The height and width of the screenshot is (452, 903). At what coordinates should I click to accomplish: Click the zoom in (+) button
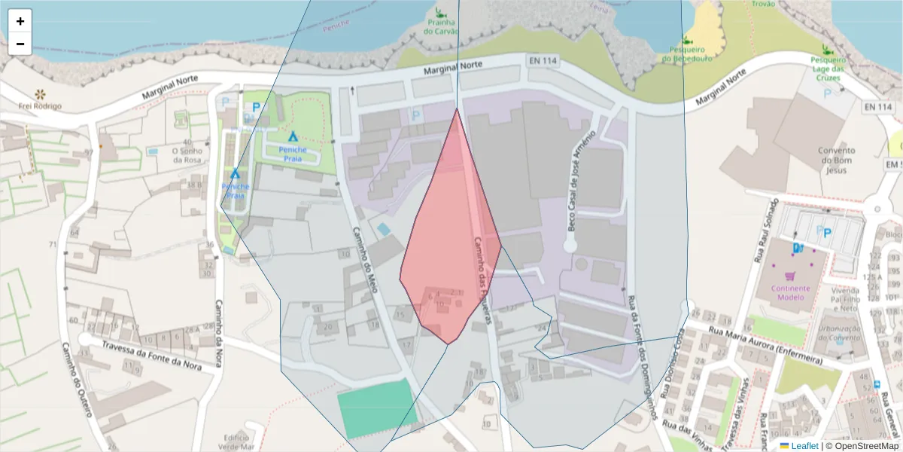tap(20, 21)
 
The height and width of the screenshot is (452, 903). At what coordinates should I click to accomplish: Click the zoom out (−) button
tap(20, 44)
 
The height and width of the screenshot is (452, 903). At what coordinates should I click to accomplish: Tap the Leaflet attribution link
tap(804, 446)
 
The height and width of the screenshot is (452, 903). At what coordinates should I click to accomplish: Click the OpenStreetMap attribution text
tap(862, 446)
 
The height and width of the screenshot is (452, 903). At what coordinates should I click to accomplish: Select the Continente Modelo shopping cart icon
tap(790, 276)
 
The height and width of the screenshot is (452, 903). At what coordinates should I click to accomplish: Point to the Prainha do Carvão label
tap(440, 27)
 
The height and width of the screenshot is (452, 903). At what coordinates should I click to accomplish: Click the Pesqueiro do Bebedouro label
tap(686, 53)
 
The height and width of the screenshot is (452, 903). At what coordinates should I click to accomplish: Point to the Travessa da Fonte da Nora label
tap(153, 346)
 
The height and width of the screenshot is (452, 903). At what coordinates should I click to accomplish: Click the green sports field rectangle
tap(376, 408)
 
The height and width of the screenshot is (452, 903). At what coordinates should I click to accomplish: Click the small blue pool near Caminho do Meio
tap(384, 229)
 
